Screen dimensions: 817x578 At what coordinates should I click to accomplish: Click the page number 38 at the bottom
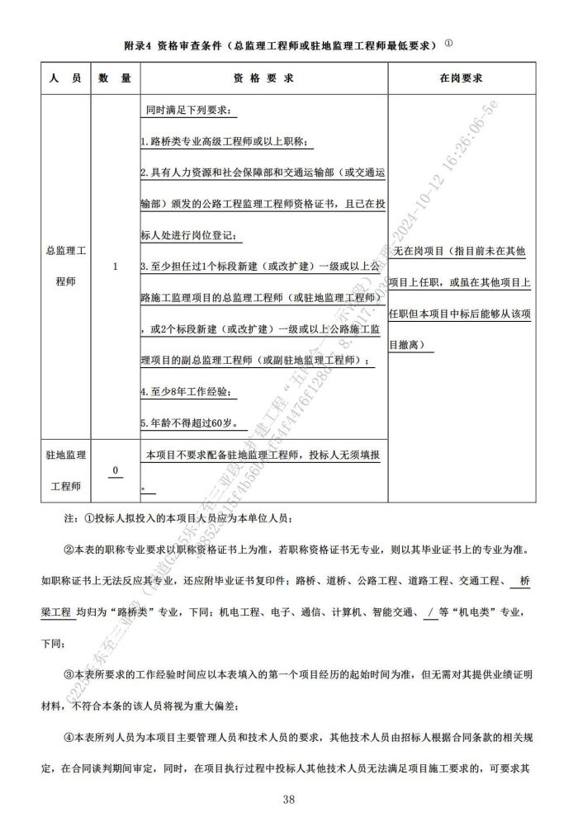click(289, 799)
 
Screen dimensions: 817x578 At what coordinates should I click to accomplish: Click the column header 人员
click(64, 78)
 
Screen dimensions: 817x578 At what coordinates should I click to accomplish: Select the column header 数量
click(116, 78)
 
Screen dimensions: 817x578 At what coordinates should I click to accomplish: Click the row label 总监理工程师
click(65, 266)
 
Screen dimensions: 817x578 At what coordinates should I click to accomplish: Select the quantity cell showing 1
click(116, 267)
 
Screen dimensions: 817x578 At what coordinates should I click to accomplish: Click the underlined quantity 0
click(116, 470)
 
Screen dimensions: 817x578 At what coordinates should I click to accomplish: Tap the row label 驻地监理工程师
click(65, 470)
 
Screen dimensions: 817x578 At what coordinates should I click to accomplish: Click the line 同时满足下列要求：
click(188, 111)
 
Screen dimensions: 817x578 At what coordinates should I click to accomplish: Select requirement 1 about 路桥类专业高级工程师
click(224, 141)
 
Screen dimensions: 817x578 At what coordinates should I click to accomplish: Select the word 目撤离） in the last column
click(412, 344)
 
